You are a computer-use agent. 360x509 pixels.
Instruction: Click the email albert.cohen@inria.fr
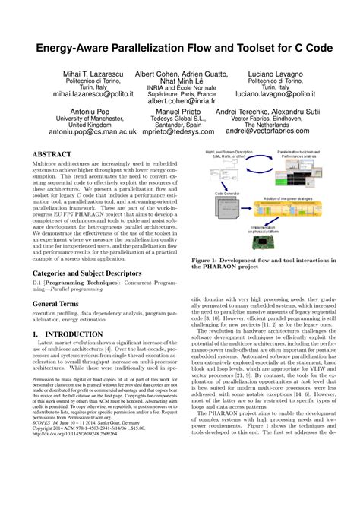click(182, 100)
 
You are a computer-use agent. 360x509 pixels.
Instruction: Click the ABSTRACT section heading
click(52, 153)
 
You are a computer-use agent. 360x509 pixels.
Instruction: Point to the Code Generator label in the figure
click(226, 194)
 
